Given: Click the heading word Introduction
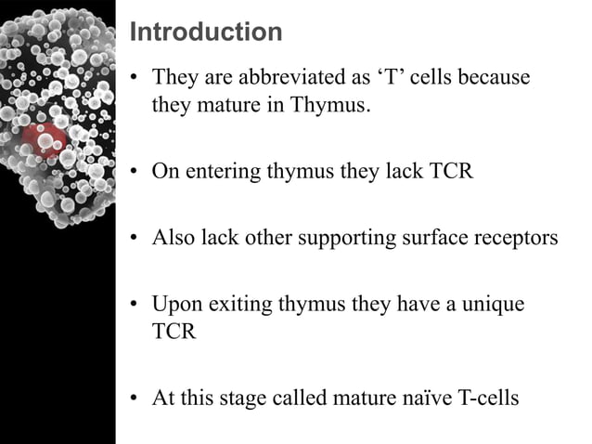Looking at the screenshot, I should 206,33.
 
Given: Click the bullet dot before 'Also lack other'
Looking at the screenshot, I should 135,239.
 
